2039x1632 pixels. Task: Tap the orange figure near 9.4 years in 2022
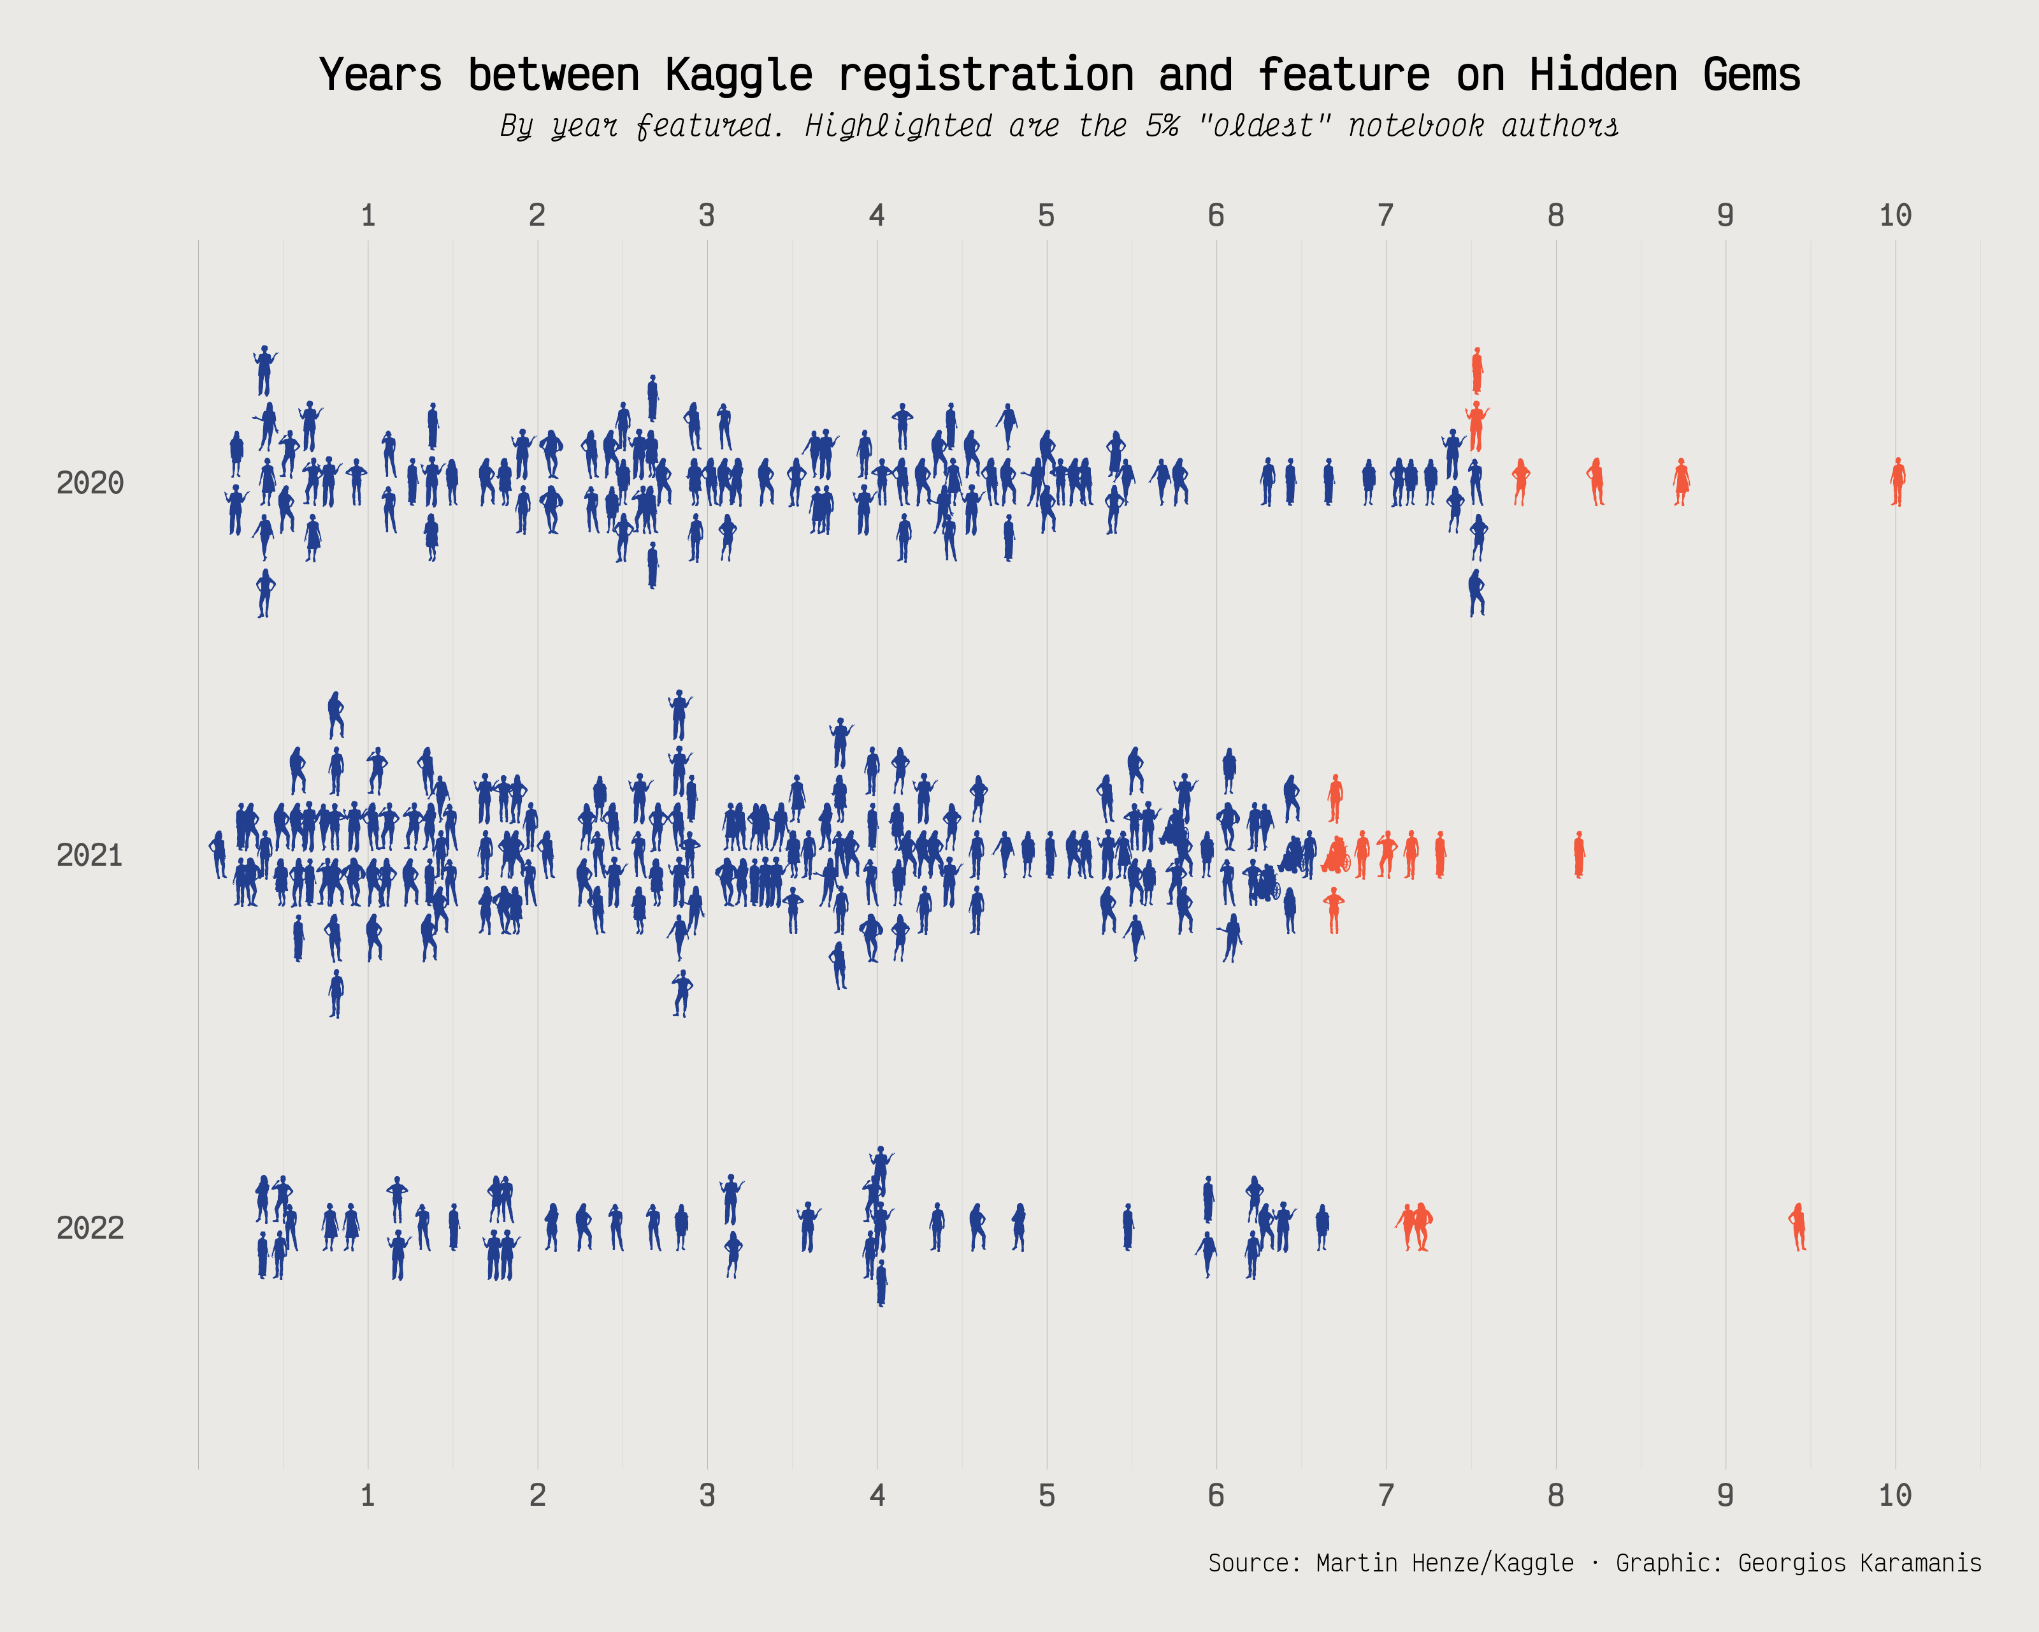(x=1798, y=1227)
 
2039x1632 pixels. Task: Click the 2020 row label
(x=90, y=483)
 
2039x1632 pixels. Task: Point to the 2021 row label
(x=90, y=856)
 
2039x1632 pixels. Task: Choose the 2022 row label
(x=90, y=1228)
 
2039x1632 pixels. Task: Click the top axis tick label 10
(x=1894, y=215)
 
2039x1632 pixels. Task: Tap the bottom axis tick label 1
(x=368, y=1496)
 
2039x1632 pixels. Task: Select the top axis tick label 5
(x=1046, y=215)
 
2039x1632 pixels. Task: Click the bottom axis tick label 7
(x=1385, y=1496)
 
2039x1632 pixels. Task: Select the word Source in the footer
(x=1248, y=1563)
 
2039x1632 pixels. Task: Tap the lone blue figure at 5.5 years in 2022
(x=1127, y=1227)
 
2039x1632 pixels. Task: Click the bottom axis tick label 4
(x=877, y=1496)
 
